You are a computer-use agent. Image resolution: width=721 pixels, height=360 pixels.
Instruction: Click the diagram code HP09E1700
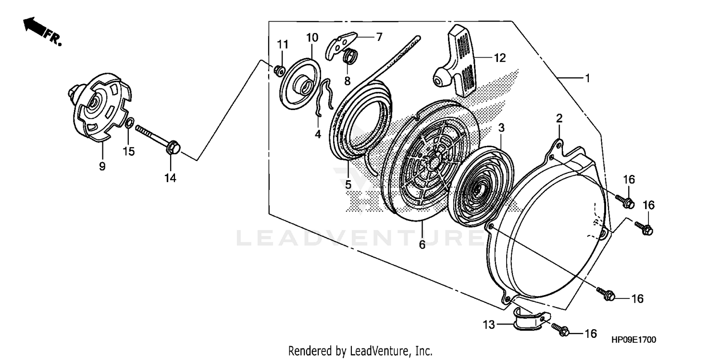(634, 340)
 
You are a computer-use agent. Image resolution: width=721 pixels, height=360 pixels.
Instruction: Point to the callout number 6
(422, 245)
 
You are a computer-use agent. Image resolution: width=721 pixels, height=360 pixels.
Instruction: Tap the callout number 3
(501, 128)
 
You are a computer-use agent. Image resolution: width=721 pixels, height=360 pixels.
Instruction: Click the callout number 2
(559, 118)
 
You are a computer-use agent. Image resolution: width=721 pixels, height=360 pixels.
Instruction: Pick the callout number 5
(348, 184)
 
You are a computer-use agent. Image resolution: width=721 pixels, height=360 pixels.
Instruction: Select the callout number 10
(312, 37)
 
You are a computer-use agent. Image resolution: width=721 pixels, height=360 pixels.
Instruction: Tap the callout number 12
(500, 58)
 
